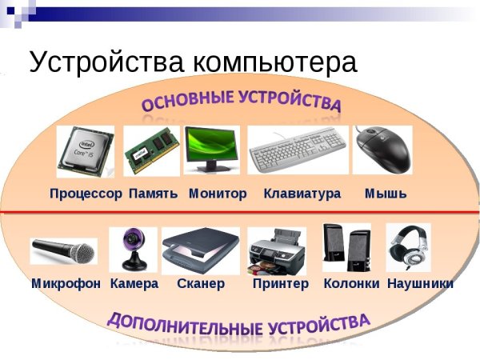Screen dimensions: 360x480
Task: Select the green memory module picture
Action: tap(152, 151)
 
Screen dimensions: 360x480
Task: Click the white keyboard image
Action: tap(296, 150)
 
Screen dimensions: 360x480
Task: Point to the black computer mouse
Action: tap(382, 150)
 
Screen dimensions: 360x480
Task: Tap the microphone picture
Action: tap(64, 251)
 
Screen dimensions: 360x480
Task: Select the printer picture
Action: tap(277, 250)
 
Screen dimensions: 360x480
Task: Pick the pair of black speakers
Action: tap(346, 249)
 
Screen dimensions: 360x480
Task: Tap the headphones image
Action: tap(408, 247)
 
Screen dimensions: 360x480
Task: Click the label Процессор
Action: tap(86, 194)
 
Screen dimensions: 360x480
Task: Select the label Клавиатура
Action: tap(302, 194)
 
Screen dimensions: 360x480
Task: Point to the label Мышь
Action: tap(386, 194)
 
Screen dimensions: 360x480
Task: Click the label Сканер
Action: tap(201, 283)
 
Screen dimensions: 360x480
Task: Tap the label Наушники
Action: tap(420, 283)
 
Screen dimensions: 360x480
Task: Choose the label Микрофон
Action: tap(66, 283)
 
